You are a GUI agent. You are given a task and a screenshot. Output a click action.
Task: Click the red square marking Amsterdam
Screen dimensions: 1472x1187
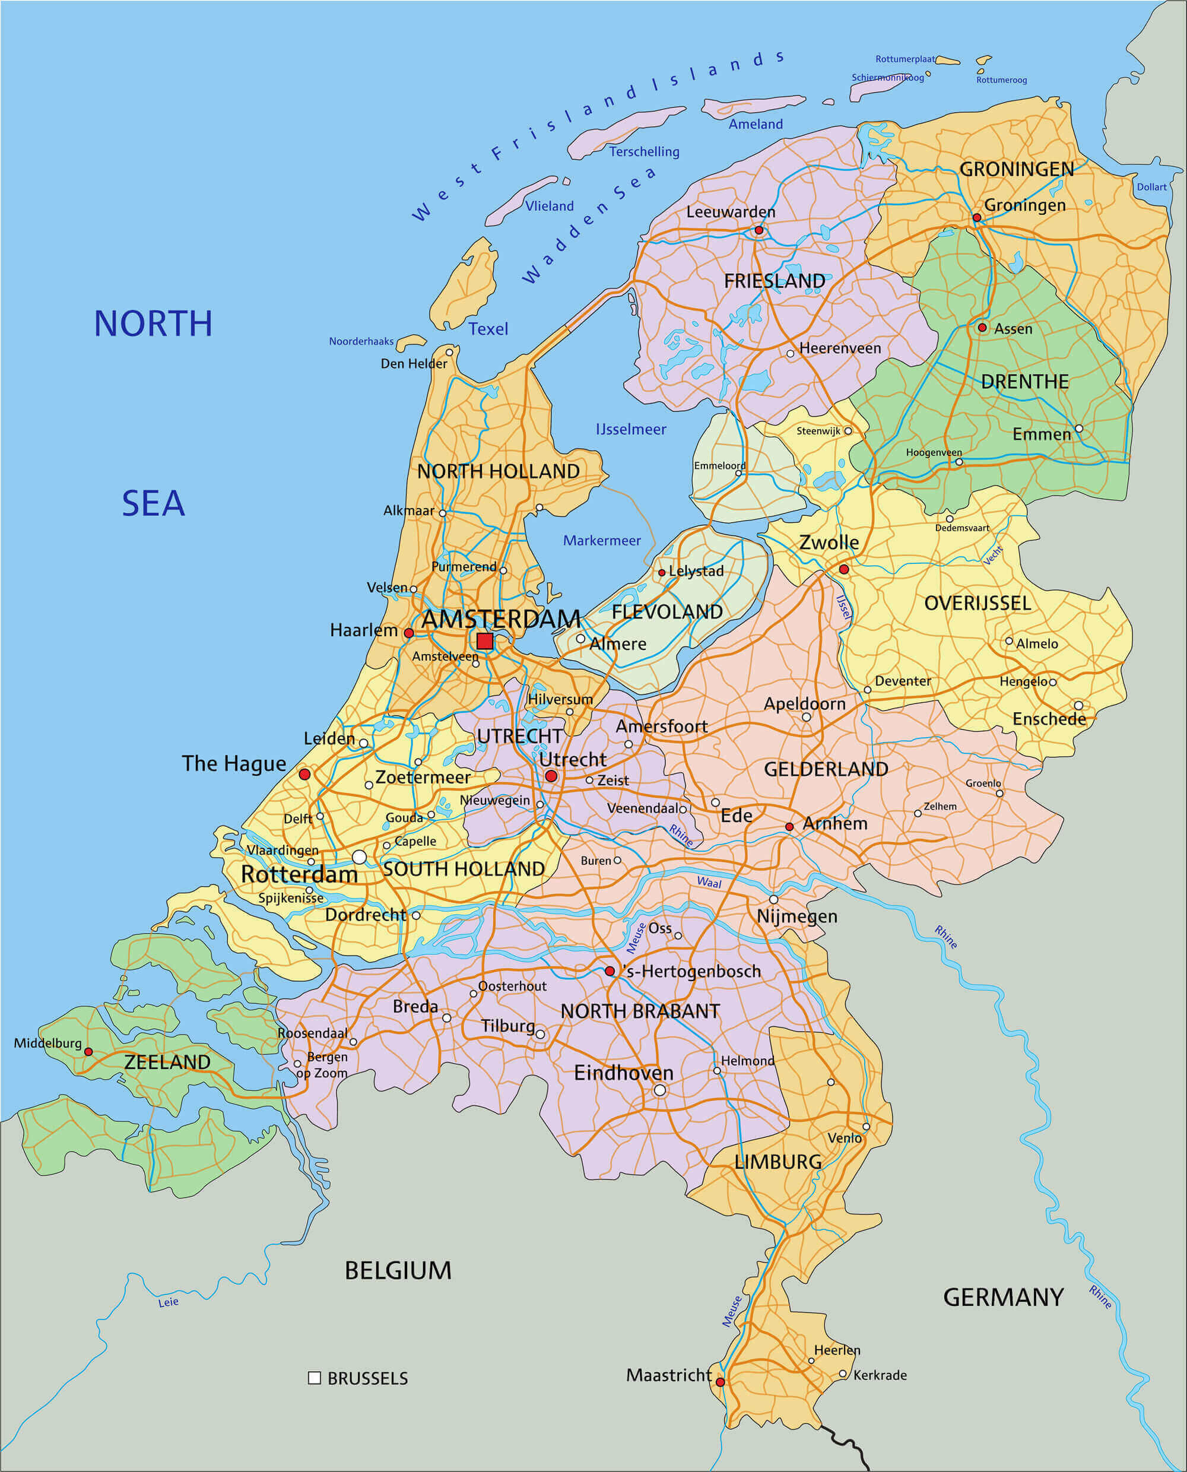485,640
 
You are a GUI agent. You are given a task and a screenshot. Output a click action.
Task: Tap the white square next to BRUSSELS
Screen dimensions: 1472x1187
315,1378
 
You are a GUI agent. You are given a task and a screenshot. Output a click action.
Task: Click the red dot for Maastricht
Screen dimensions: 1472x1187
720,1382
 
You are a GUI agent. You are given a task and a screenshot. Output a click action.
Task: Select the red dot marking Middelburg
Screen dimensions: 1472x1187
88,1052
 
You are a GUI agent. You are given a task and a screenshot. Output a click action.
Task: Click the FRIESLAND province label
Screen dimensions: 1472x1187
774,281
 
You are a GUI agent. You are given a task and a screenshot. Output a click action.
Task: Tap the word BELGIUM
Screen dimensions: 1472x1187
398,1270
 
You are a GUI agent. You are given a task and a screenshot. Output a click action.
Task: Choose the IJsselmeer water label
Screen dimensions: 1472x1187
630,429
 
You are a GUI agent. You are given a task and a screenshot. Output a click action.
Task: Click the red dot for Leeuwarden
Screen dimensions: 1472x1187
758,230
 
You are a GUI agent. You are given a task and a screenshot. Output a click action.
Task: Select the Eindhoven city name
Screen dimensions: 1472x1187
623,1073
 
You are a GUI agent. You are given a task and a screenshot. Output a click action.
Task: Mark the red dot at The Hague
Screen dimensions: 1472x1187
305,774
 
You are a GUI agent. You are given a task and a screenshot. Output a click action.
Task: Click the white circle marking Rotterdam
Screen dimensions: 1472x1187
359,856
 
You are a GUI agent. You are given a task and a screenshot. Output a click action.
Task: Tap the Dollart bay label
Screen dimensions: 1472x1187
1151,186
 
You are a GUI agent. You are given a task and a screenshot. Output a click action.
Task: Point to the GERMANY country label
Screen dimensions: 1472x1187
1003,1297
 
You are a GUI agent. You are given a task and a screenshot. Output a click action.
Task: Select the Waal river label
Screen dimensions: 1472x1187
709,883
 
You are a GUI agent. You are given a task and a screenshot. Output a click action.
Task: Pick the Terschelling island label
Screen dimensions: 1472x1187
644,152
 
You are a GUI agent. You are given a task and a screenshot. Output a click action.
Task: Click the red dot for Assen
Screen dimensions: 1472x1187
982,328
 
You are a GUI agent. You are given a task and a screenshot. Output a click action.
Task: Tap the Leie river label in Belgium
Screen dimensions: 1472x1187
168,1302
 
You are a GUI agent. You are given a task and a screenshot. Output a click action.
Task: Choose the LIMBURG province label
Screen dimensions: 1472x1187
777,1162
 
